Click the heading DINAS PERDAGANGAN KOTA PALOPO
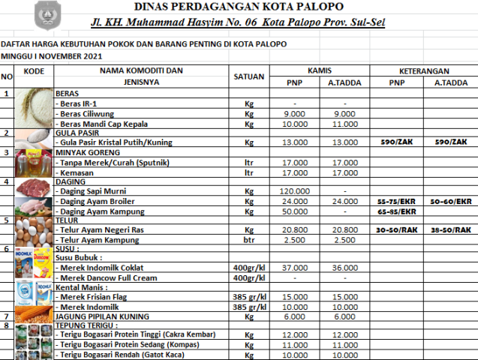[239, 7]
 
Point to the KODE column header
[34, 70]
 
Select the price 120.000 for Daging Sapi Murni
[294, 191]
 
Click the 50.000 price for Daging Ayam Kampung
[294, 211]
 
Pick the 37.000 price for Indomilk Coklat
[294, 268]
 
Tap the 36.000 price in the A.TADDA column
[345, 268]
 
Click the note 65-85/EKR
[397, 211]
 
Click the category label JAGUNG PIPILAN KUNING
[102, 316]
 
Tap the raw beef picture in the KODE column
[34, 187]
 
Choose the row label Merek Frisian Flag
[98, 297]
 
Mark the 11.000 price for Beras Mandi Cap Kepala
[345, 124]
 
